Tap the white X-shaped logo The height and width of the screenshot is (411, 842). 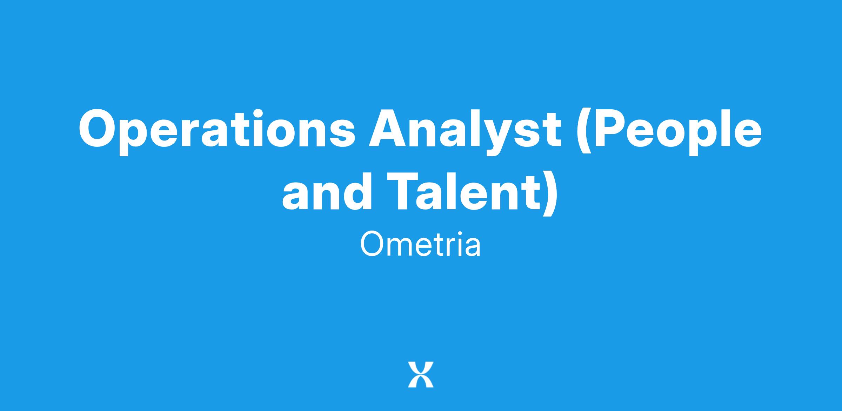click(x=421, y=375)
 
